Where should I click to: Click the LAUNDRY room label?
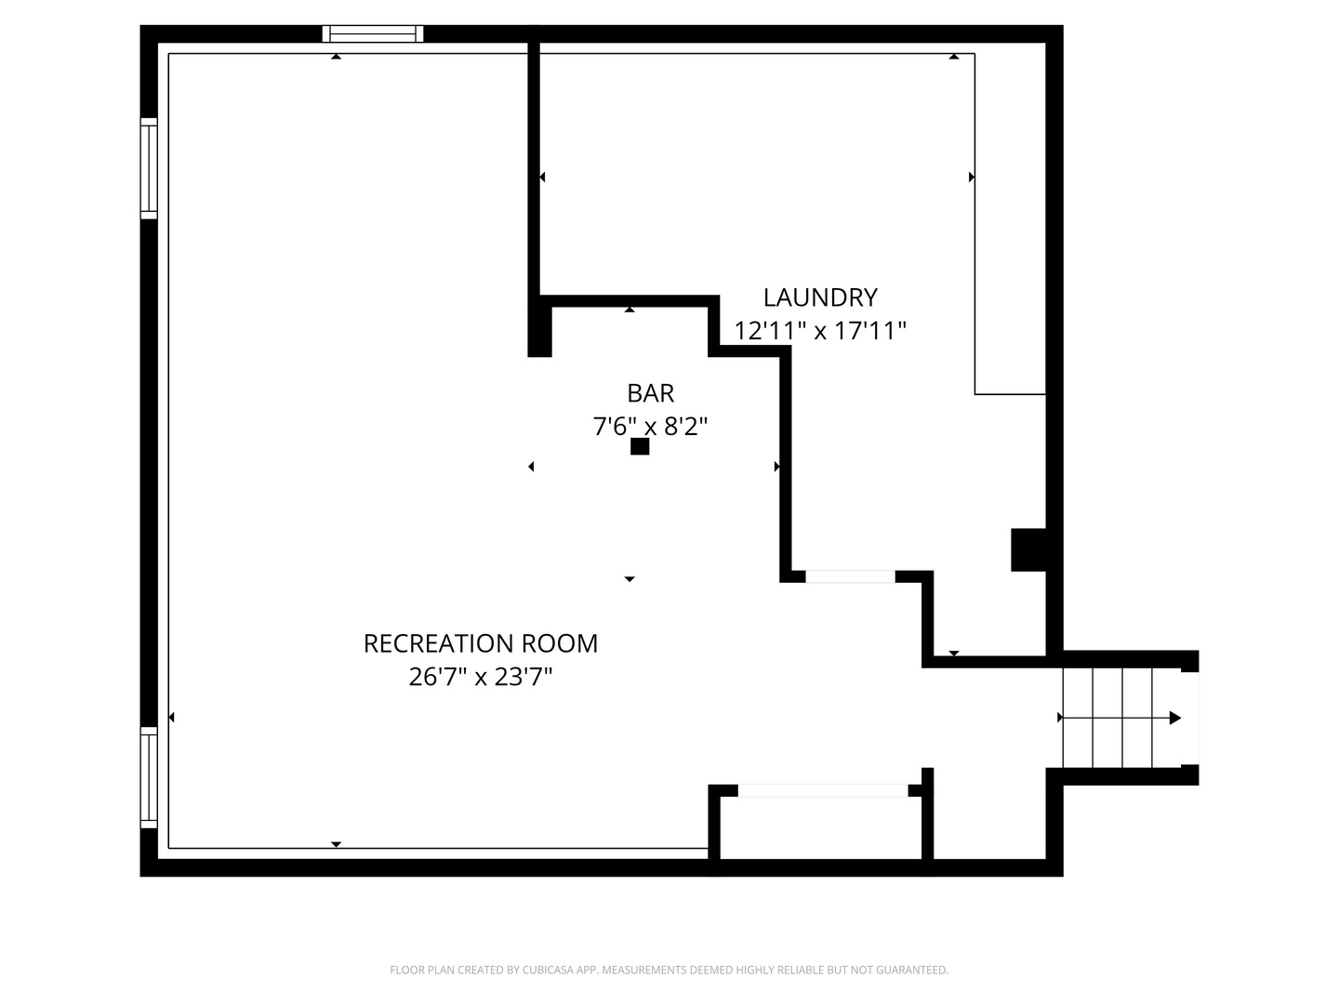819,297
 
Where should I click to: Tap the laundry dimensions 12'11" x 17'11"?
819,331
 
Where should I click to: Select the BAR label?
650,393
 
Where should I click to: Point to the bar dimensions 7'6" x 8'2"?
650,427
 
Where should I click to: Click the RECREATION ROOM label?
480,643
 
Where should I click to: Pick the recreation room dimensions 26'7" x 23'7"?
480,677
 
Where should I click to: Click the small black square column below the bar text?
640,446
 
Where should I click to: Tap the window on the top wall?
372,34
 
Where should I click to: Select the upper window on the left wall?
149,168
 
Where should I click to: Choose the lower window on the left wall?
149,777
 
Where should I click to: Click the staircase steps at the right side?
1108,718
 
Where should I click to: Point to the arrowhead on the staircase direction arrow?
1175,718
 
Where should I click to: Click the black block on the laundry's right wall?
1028,549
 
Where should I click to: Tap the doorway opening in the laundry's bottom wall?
850,576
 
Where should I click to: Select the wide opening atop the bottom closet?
823,791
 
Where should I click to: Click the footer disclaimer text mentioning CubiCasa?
669,971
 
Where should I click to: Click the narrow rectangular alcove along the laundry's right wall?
1010,223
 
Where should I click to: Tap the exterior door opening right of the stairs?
1189,718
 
